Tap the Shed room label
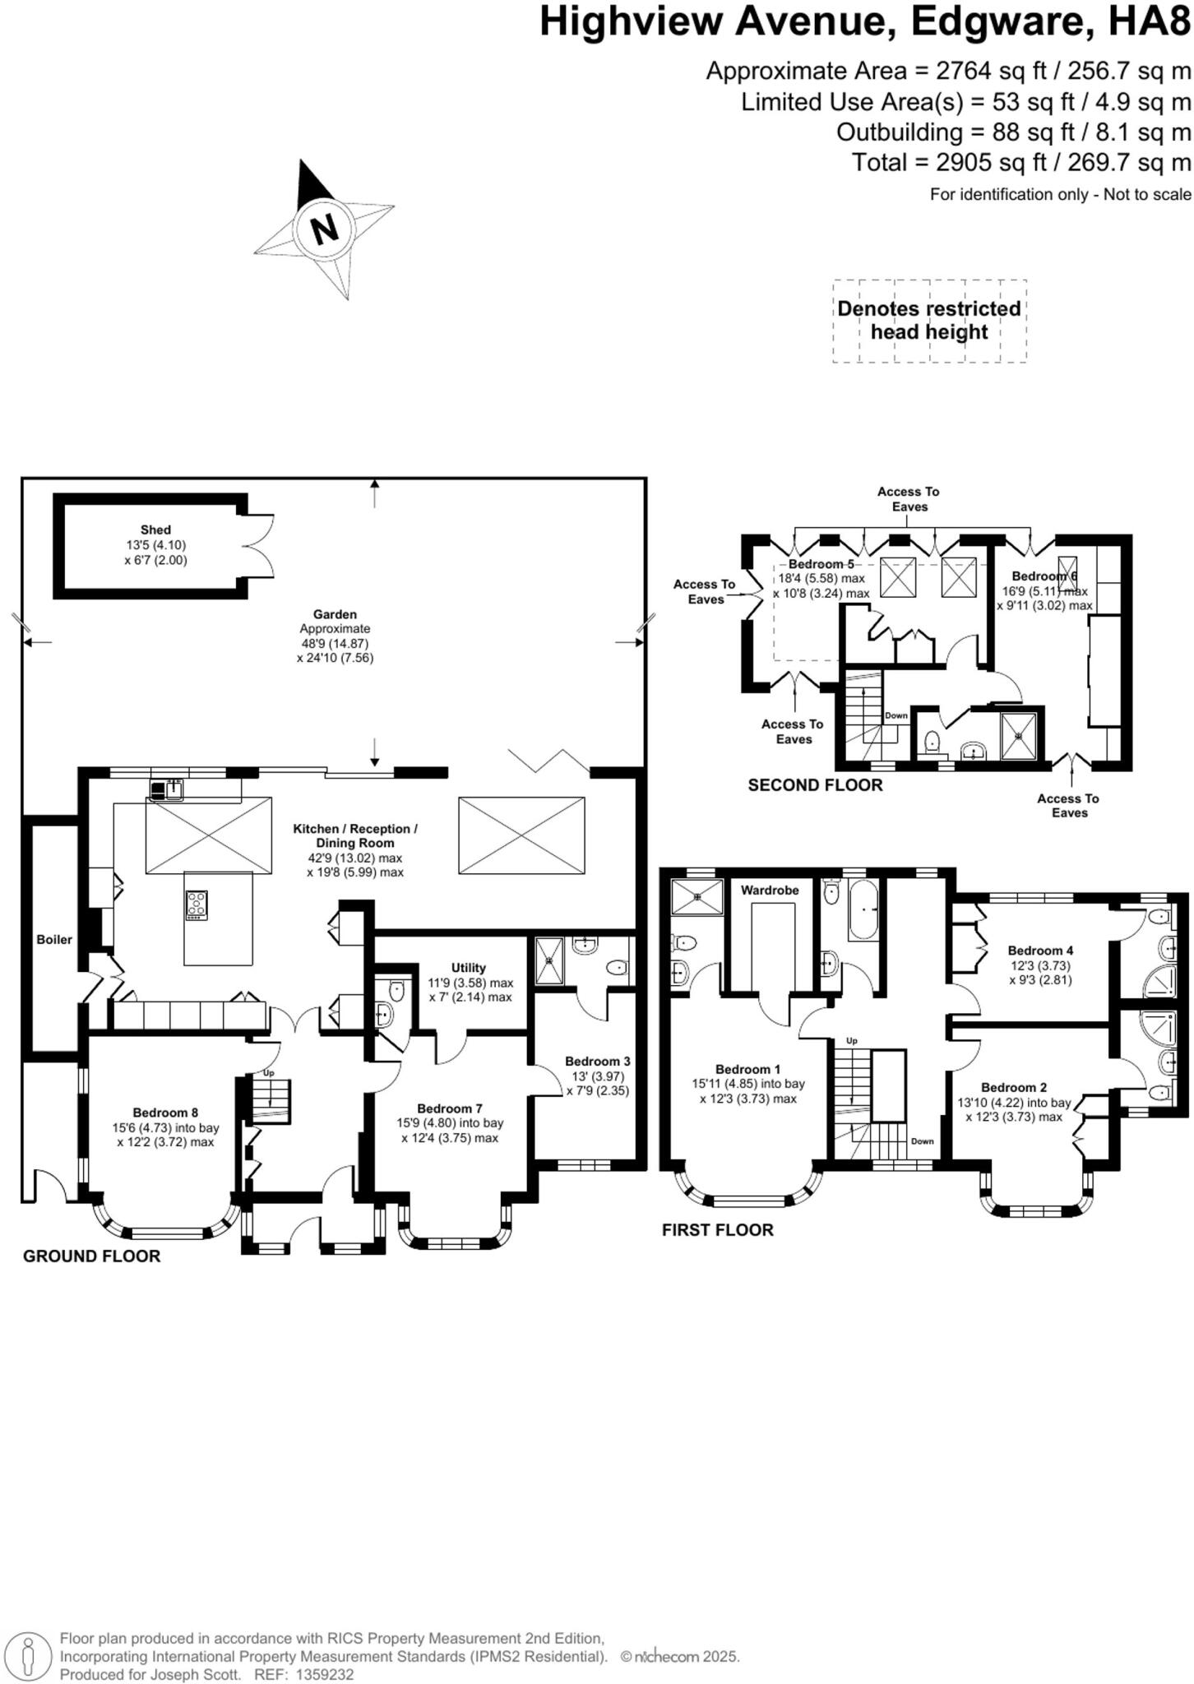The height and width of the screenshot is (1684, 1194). point(155,530)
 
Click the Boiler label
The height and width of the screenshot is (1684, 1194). point(54,939)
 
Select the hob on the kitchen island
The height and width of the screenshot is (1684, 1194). point(197,904)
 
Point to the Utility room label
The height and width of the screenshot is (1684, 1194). point(469,968)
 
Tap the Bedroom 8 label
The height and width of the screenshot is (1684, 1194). point(165,1113)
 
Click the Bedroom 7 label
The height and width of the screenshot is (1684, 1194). point(450,1108)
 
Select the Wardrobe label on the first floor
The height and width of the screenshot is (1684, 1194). point(770,890)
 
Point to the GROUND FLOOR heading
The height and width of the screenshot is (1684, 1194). point(91,1256)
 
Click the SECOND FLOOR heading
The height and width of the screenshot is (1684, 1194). point(815,785)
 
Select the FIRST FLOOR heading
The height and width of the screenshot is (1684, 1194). point(718,1230)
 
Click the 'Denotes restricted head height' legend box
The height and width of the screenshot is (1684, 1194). point(929,321)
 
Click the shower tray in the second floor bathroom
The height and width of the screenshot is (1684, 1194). point(1020,735)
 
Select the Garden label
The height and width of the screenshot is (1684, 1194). point(335,614)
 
